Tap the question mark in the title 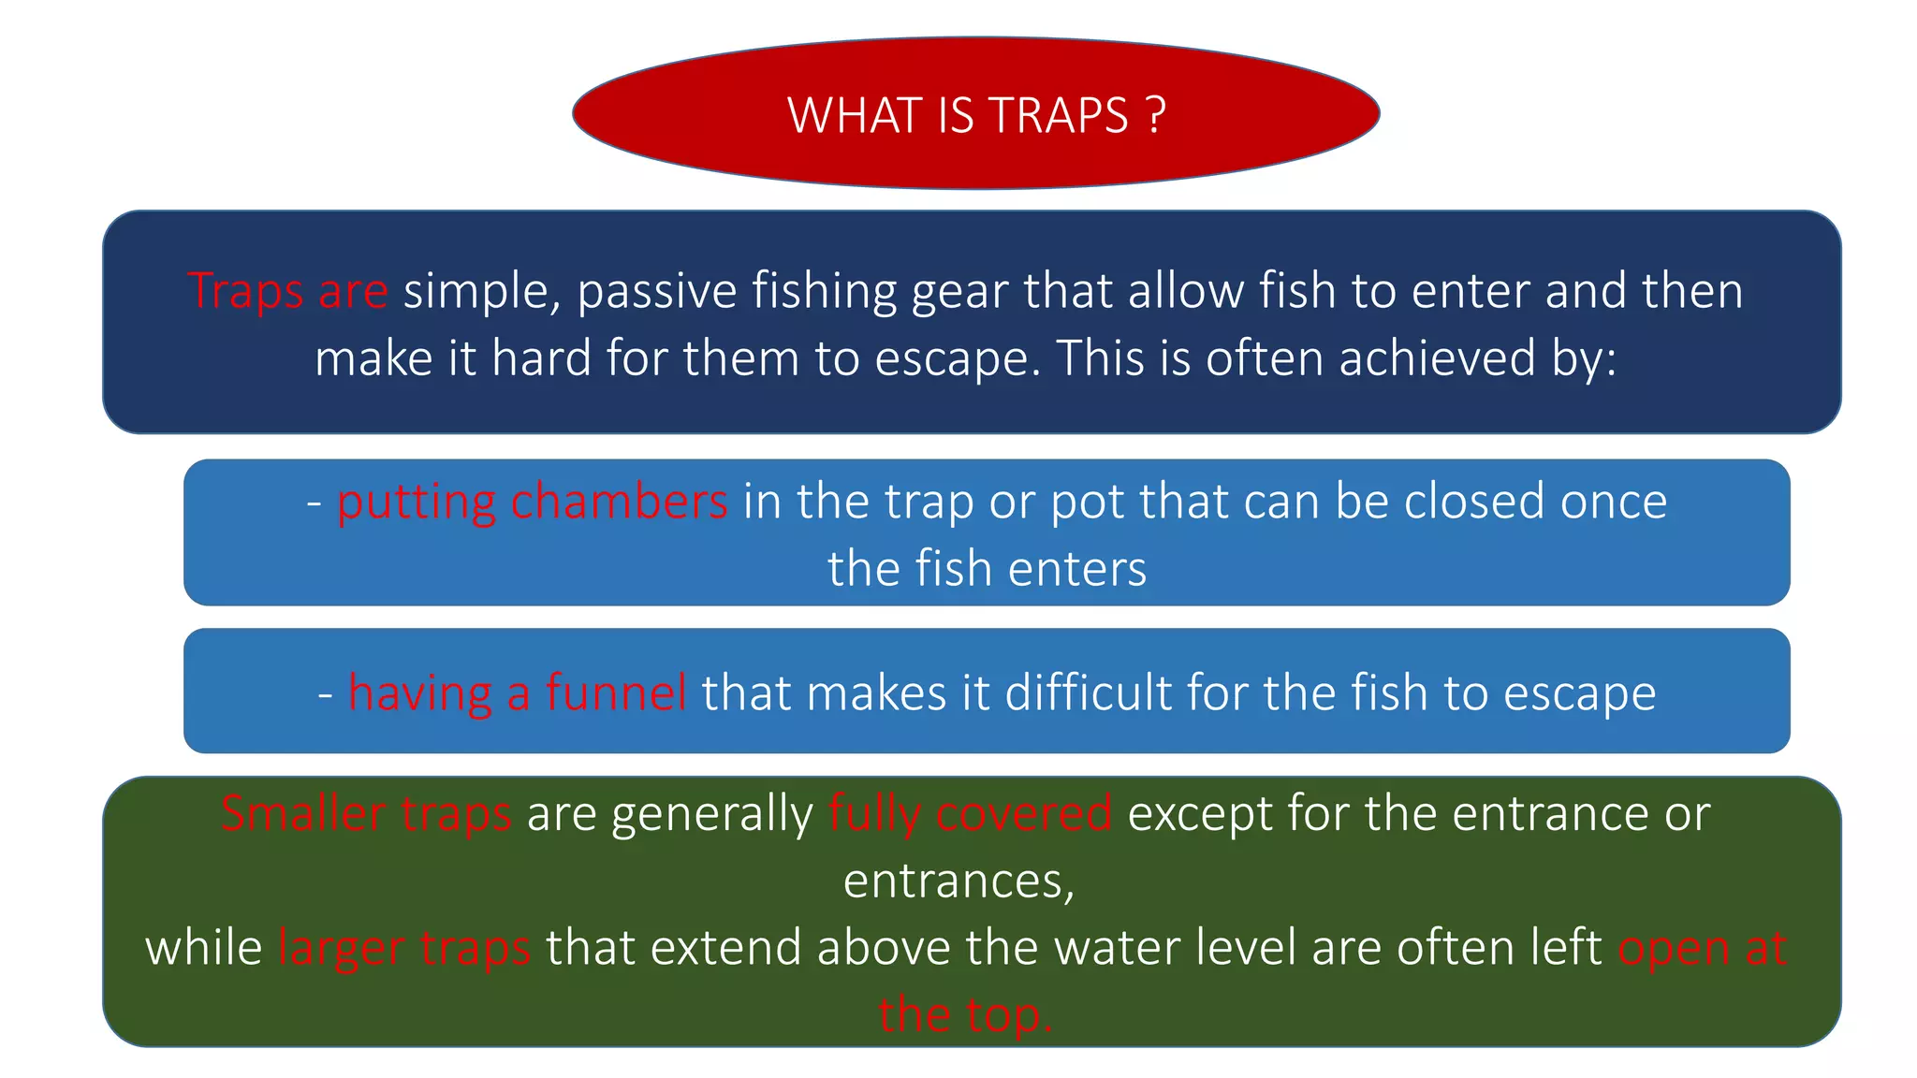click(1155, 116)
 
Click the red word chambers click(619, 502)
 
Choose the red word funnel click(616, 693)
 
